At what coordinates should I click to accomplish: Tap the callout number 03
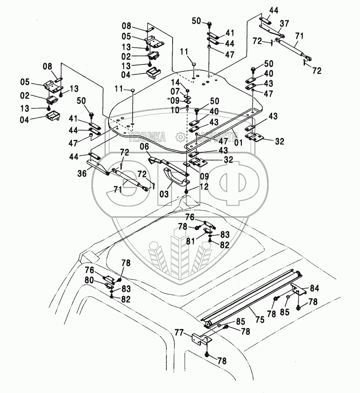(x=164, y=193)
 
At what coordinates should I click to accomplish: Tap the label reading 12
(x=204, y=186)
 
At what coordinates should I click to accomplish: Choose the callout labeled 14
(x=175, y=82)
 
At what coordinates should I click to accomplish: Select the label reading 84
(x=314, y=287)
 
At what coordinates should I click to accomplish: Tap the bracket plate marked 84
(x=299, y=290)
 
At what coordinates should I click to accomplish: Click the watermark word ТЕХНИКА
(x=148, y=137)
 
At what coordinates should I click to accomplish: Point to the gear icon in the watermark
(x=180, y=137)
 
